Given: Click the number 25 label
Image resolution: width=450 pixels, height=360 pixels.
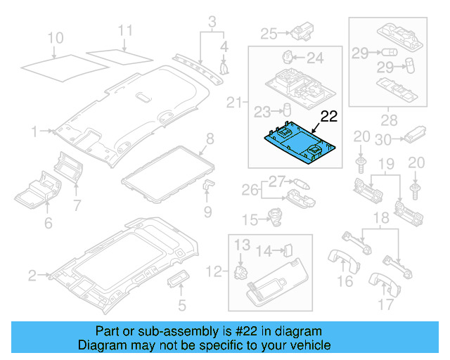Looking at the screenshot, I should click(x=269, y=32).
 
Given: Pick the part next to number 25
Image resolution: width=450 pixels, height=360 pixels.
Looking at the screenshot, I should click(x=302, y=31).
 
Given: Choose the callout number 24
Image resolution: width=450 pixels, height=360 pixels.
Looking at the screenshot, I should click(x=314, y=57).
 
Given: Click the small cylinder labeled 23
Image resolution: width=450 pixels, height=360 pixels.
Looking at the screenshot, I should click(x=286, y=110).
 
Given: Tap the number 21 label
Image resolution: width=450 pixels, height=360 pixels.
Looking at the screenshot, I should click(x=234, y=103).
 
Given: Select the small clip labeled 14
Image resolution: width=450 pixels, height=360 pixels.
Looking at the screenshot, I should click(x=288, y=250).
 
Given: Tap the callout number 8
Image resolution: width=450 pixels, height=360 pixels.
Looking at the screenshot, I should click(x=210, y=138).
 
